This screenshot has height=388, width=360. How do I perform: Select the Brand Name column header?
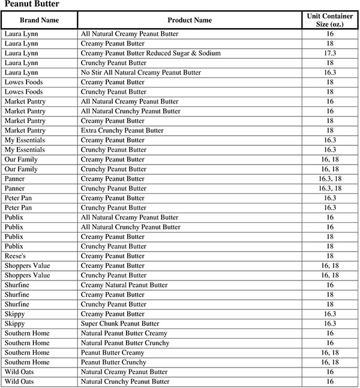coord(39,20)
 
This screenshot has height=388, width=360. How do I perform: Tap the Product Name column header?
coord(189,20)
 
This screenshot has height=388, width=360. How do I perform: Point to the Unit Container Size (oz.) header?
coord(330,20)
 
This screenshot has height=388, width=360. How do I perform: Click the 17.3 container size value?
coord(330,53)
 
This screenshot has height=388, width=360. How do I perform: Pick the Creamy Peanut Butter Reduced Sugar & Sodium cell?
coord(151,53)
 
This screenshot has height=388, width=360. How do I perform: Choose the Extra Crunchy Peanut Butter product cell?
coord(122,130)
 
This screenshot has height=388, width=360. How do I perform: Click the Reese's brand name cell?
coord(17,256)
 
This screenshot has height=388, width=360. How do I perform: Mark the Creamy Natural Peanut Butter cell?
coord(124,285)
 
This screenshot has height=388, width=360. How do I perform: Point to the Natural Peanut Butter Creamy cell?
coord(124,333)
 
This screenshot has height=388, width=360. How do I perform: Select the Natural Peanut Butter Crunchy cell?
coord(125,343)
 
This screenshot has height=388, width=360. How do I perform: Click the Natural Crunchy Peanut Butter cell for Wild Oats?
coord(125,381)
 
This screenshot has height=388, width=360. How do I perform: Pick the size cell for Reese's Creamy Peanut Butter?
coord(330,256)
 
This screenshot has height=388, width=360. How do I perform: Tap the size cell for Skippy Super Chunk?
coord(330,324)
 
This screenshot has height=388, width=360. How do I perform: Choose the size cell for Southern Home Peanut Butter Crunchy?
coord(330,362)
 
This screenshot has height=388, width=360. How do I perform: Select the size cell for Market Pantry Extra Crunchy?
coord(330,130)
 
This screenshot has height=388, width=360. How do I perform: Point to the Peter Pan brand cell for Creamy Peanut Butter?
coord(19,198)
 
